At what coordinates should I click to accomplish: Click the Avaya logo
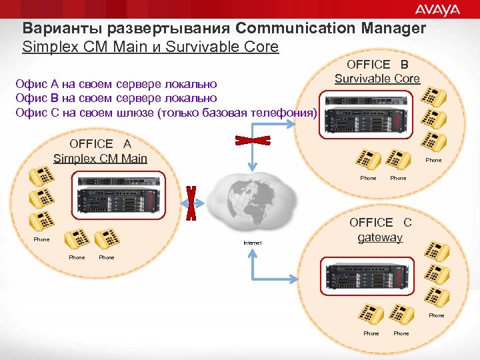(437, 9)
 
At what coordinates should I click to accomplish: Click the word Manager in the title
(393, 29)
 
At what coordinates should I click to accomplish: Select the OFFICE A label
(100, 144)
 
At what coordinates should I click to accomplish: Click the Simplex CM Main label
(100, 158)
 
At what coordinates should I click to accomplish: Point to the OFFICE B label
(377, 64)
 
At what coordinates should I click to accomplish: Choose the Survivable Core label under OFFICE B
(377, 79)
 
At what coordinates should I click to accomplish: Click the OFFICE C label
(381, 223)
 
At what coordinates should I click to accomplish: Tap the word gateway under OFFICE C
(381, 237)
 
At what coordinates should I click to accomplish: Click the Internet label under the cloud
(253, 243)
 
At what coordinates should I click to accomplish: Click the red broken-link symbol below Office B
(252, 141)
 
